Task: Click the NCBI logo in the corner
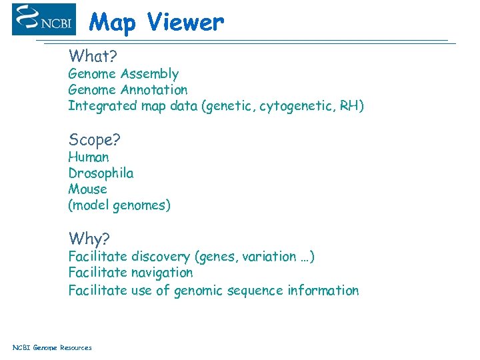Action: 43,19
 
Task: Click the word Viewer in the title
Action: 185,23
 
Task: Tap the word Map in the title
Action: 114,23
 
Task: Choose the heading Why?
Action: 89,239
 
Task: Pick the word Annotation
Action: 154,90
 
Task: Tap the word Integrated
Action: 102,106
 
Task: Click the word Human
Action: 88,157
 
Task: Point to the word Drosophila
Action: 101,173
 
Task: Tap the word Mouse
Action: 87,189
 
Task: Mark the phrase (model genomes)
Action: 119,205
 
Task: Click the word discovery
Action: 160,257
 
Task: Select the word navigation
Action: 161,273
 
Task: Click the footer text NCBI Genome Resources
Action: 52,347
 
